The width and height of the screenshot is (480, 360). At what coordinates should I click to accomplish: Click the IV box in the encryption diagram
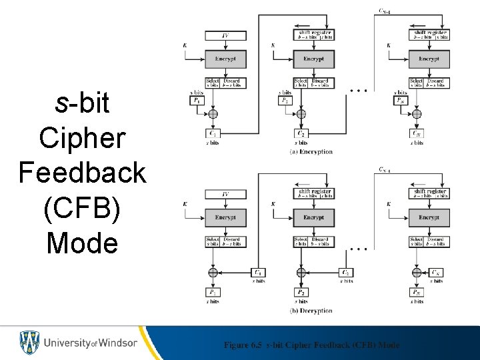click(225, 35)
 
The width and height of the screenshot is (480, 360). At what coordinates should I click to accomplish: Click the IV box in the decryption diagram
click(225, 195)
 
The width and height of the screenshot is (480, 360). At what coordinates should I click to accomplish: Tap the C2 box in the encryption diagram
click(301, 133)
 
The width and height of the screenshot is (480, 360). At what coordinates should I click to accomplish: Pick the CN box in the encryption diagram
click(417, 133)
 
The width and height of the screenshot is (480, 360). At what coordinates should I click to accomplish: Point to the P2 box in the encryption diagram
click(285, 100)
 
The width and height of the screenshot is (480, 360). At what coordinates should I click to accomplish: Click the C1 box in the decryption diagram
click(257, 272)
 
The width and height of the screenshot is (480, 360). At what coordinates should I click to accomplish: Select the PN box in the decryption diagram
click(417, 292)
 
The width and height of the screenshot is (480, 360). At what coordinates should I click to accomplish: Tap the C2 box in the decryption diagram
click(345, 272)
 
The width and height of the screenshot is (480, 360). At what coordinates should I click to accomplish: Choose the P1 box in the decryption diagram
click(213, 292)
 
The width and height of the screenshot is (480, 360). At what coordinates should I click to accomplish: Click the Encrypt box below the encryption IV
click(225, 59)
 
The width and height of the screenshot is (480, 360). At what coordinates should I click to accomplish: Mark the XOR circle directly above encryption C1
click(213, 115)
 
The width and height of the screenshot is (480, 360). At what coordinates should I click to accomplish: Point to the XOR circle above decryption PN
click(417, 272)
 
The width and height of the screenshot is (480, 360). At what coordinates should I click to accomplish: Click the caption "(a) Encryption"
click(311, 151)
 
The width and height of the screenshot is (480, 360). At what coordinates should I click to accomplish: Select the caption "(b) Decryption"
click(311, 311)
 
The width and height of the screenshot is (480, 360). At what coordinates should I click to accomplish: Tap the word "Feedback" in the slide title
click(82, 173)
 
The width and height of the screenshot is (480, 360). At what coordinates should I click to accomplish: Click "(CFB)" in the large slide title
click(82, 207)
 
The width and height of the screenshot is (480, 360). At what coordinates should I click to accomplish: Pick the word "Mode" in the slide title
click(82, 242)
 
